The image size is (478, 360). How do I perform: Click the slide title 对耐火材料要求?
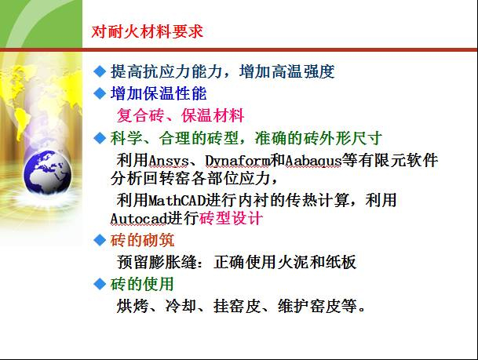point(147,32)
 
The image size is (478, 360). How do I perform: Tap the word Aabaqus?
point(315,160)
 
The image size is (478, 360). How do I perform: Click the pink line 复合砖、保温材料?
point(181,116)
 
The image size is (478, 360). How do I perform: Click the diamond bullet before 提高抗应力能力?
point(99,71)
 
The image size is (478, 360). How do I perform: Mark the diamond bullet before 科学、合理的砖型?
point(99,138)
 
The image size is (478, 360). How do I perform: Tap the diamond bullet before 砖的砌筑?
point(99,239)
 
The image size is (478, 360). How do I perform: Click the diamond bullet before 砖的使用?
point(99,282)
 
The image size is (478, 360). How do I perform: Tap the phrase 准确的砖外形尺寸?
point(319,139)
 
